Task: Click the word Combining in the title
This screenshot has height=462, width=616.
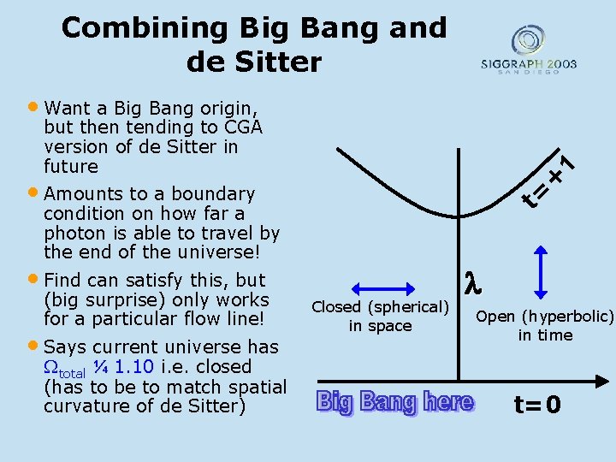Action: pos(125,28)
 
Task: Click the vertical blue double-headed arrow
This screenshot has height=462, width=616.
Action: pos(541,273)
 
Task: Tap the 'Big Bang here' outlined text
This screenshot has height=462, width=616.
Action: pos(394,401)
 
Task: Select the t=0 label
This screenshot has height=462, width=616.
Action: pos(537,404)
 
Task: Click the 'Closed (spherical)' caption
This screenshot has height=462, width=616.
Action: pos(380,306)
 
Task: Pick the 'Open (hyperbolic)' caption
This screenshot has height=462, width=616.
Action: pos(545,317)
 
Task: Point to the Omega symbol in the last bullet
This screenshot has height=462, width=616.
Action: pos(50,367)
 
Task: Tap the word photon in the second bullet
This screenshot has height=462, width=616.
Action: pos(72,234)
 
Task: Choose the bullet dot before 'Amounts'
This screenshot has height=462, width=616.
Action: pos(33,192)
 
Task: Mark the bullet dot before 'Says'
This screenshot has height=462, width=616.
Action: pos(33,346)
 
